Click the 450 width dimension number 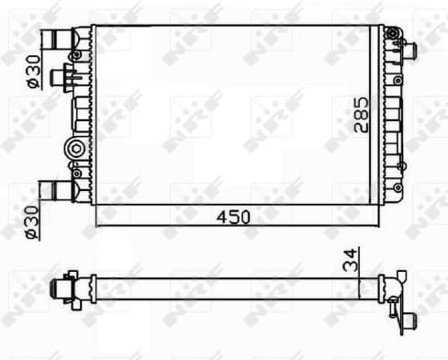coord(234,218)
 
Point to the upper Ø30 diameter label coord(32,68)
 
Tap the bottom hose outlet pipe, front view coord(57,191)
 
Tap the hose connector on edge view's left coord(62,287)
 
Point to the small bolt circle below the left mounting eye coord(76,169)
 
